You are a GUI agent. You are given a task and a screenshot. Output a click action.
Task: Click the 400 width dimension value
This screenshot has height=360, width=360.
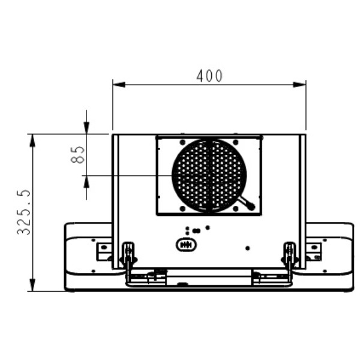click(x=209, y=76)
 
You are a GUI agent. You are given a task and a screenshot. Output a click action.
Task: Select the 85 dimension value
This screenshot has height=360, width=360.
click(x=77, y=155)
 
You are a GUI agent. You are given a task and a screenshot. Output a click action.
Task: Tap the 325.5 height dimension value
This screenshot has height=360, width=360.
click(x=23, y=212)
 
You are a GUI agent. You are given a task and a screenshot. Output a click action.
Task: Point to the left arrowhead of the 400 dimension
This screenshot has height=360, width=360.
click(x=119, y=85)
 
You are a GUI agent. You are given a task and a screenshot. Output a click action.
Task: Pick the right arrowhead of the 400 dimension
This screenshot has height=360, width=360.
click(x=299, y=85)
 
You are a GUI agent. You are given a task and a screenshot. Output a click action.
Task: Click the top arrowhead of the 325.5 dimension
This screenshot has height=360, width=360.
click(x=32, y=140)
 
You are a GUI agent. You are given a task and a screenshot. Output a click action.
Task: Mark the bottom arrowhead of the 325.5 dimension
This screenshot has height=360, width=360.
click(x=32, y=285)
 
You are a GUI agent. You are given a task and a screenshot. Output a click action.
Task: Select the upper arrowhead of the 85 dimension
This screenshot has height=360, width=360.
click(x=86, y=128)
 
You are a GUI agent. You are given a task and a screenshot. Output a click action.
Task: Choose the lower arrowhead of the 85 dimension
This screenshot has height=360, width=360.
click(x=86, y=182)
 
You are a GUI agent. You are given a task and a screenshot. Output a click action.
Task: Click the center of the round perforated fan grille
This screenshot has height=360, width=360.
click(x=209, y=176)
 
